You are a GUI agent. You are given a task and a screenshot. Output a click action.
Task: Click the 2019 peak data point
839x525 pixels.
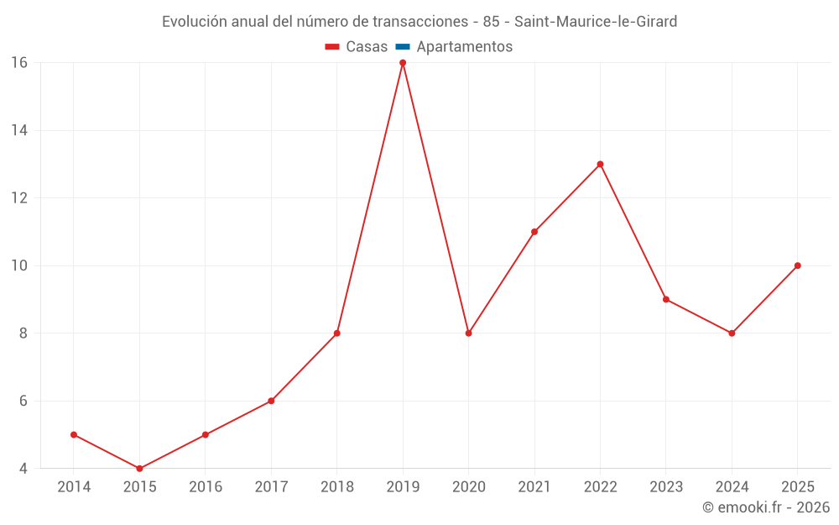[403, 63]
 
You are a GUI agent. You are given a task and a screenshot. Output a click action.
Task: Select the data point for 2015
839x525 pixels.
[139, 469]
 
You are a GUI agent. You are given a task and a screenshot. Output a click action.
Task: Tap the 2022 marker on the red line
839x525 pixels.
[601, 165]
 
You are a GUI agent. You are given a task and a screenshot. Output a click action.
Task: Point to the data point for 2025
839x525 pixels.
[798, 265]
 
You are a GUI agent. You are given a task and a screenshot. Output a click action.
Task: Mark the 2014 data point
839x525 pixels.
[74, 434]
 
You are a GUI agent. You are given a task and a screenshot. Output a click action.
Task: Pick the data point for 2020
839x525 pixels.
[469, 333]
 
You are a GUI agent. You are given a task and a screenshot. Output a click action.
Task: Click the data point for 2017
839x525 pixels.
[271, 401]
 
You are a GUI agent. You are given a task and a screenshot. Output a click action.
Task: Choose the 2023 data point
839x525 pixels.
[666, 300]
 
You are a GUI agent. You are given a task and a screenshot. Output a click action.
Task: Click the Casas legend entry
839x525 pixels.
[357, 46]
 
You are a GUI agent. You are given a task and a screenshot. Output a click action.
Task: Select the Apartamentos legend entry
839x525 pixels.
[454, 46]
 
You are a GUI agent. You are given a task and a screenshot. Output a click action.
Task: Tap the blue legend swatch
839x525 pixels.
[403, 47]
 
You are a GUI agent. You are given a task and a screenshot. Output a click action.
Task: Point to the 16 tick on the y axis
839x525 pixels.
[19, 63]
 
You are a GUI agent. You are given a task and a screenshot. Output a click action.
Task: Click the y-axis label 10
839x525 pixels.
[19, 265]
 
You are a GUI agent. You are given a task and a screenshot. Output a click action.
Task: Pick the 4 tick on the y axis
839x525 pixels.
[23, 469]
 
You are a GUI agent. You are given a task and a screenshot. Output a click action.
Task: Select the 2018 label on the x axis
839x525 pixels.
[337, 487]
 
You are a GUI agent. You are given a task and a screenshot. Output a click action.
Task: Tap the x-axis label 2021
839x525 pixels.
[534, 487]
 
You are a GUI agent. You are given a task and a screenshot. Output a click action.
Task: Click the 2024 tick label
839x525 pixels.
[732, 487]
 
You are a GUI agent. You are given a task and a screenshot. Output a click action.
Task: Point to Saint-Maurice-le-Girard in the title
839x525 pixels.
[596, 22]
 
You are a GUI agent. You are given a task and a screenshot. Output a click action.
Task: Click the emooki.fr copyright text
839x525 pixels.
[766, 507]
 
